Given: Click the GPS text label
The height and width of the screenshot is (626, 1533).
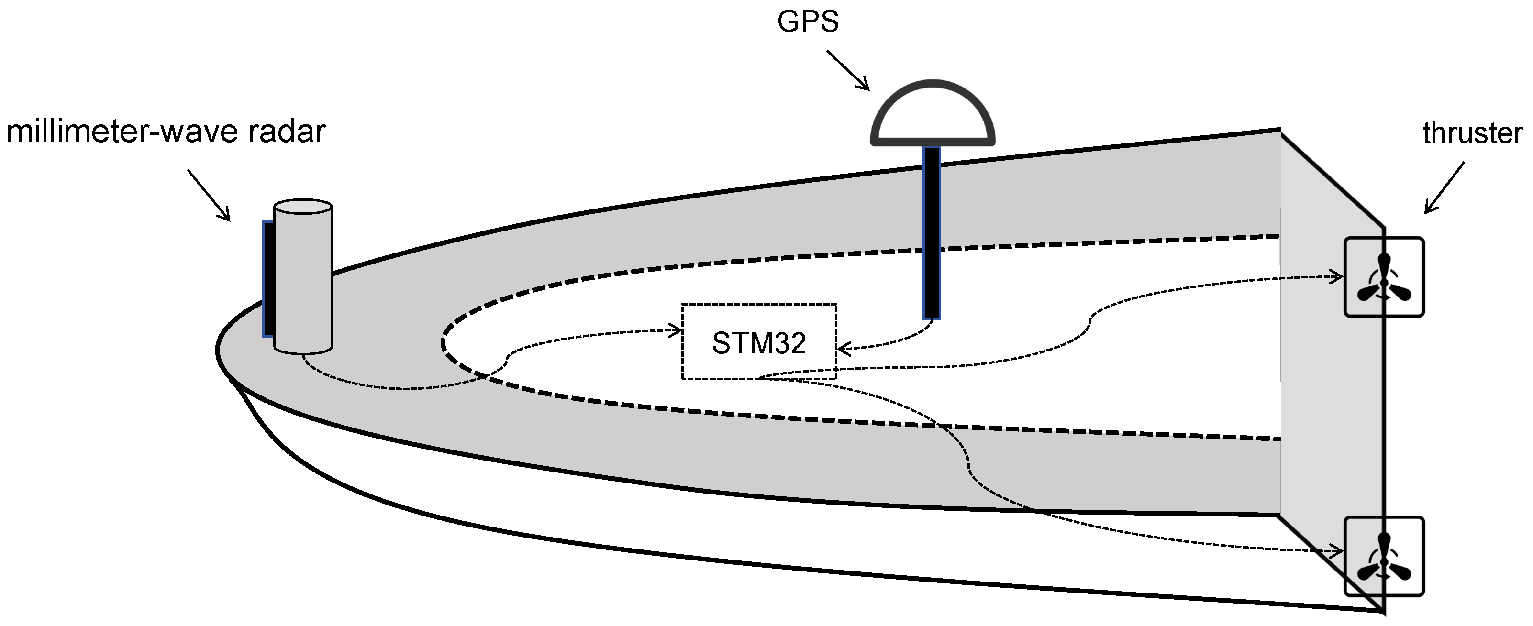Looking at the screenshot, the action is (x=808, y=22).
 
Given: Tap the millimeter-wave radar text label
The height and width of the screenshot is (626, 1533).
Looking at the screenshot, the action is (x=166, y=132).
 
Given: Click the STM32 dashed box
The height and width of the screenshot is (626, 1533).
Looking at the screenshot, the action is (x=759, y=342).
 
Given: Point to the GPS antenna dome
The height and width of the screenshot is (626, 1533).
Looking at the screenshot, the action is (x=933, y=116).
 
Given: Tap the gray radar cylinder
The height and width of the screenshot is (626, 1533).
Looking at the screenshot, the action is (x=303, y=280).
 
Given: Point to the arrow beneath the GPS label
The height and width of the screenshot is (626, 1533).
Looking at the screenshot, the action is (x=847, y=70).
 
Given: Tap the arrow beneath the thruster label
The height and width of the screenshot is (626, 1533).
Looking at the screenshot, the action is (x=1444, y=188).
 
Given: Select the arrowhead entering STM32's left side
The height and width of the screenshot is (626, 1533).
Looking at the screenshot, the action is (x=676, y=331).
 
